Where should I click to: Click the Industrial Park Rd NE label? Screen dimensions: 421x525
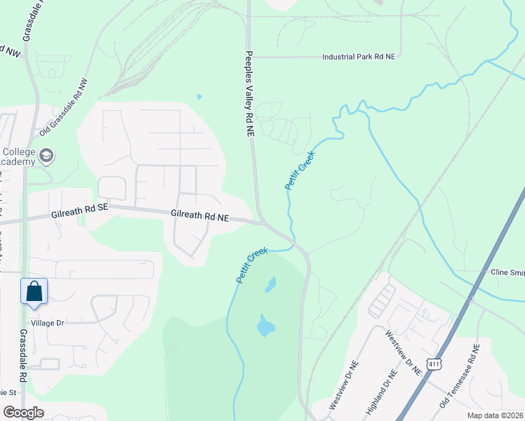(x=358, y=57)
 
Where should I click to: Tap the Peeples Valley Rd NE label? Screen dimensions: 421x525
(x=248, y=94)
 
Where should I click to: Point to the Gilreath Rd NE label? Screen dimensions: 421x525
(x=200, y=217)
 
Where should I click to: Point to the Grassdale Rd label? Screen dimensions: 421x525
(x=23, y=356)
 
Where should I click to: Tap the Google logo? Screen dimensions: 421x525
(x=23, y=413)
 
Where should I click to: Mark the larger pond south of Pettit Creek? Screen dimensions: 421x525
(x=265, y=325)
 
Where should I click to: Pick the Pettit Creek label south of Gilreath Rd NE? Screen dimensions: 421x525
(x=252, y=265)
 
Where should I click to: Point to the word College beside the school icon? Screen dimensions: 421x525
(x=19, y=152)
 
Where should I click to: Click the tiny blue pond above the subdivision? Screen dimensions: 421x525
(x=199, y=97)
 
